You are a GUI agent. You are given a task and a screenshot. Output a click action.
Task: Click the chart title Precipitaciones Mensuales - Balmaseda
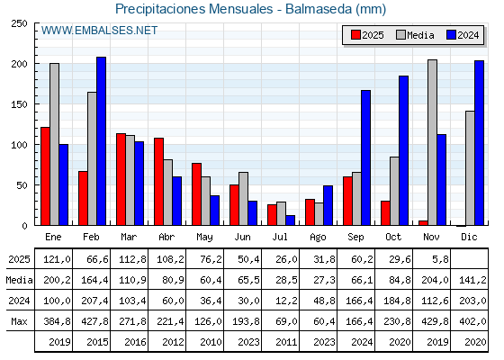click(x=251, y=9)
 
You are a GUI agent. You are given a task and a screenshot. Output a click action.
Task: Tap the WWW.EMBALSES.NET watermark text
click(x=99, y=31)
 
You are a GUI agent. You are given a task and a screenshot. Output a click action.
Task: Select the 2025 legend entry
click(x=367, y=35)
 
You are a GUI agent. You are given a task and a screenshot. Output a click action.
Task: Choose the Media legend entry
click(x=415, y=35)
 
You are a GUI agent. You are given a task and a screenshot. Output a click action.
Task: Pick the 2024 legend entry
click(x=462, y=35)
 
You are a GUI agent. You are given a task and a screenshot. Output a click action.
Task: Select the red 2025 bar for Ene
click(x=45, y=176)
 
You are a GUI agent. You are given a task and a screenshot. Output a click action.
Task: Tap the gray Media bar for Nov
click(x=432, y=142)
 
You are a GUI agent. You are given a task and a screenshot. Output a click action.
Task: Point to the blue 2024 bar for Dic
click(x=479, y=143)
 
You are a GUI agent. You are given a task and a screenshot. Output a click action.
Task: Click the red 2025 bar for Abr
click(x=158, y=181)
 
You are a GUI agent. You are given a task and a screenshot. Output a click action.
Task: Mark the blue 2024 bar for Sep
click(x=365, y=157)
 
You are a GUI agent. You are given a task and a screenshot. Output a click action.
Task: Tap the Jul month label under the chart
click(x=281, y=237)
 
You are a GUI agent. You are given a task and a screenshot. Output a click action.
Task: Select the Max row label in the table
click(x=18, y=320)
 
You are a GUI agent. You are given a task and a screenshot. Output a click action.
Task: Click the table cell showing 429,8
click(x=432, y=320)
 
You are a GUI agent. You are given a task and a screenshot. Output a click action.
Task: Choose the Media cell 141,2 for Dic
click(x=470, y=280)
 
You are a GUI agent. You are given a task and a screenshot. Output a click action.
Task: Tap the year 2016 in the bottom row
click(x=130, y=341)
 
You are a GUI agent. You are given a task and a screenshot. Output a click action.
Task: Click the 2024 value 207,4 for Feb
click(x=92, y=301)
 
